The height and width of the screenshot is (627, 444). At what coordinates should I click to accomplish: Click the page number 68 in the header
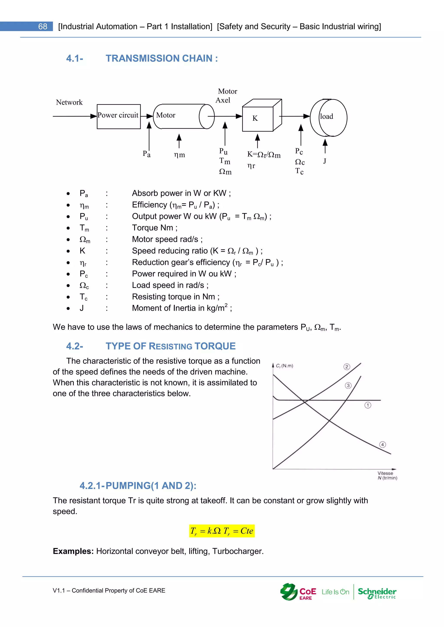point(43,26)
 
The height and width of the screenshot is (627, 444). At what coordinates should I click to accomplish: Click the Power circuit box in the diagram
point(119,116)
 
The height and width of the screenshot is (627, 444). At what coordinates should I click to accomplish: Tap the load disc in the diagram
point(329,117)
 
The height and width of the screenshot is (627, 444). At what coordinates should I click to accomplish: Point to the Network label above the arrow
point(69,102)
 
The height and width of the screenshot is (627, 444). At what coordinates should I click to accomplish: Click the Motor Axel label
point(226,95)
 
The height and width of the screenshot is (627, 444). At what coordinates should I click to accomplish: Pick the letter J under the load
point(325,161)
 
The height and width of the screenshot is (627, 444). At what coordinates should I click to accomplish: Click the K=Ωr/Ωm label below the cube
point(264,155)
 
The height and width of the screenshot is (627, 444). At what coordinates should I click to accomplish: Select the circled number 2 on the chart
point(347,367)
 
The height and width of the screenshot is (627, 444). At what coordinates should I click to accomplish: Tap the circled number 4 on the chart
point(382,444)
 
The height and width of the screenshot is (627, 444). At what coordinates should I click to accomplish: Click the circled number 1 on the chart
point(368,405)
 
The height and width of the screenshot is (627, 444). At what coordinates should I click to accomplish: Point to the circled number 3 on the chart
point(348,386)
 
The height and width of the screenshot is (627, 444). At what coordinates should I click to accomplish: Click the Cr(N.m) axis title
point(284,366)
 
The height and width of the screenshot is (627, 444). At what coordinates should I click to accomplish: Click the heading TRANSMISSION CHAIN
point(162,58)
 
